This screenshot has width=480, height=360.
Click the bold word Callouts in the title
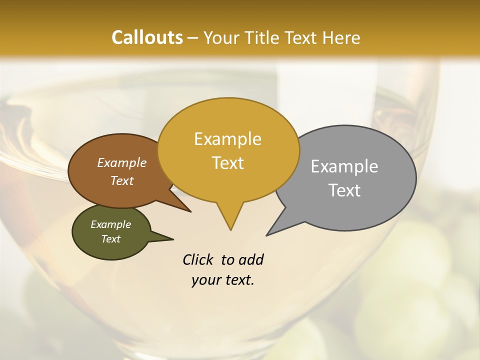[x=147, y=37]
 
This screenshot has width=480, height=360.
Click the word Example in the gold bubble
[x=227, y=139]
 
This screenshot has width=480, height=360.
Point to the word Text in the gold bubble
[x=227, y=163]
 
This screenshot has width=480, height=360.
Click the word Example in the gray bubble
[x=344, y=166]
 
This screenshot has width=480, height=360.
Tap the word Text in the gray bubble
[x=344, y=190]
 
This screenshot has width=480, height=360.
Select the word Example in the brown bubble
[x=121, y=162]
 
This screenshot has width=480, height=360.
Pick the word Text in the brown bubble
[x=121, y=180]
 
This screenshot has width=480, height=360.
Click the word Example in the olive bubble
[x=110, y=224]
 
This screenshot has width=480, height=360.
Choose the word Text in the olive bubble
[x=110, y=239]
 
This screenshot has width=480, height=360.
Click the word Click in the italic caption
[x=198, y=260]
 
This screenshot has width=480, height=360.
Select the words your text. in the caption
[x=222, y=280]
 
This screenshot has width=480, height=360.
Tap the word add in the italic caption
[x=250, y=260]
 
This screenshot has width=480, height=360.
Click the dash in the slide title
[x=193, y=38]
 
